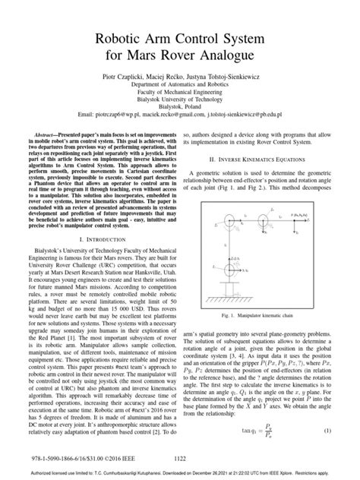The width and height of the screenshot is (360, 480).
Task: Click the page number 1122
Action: pyautogui.click(x=179, y=459)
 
